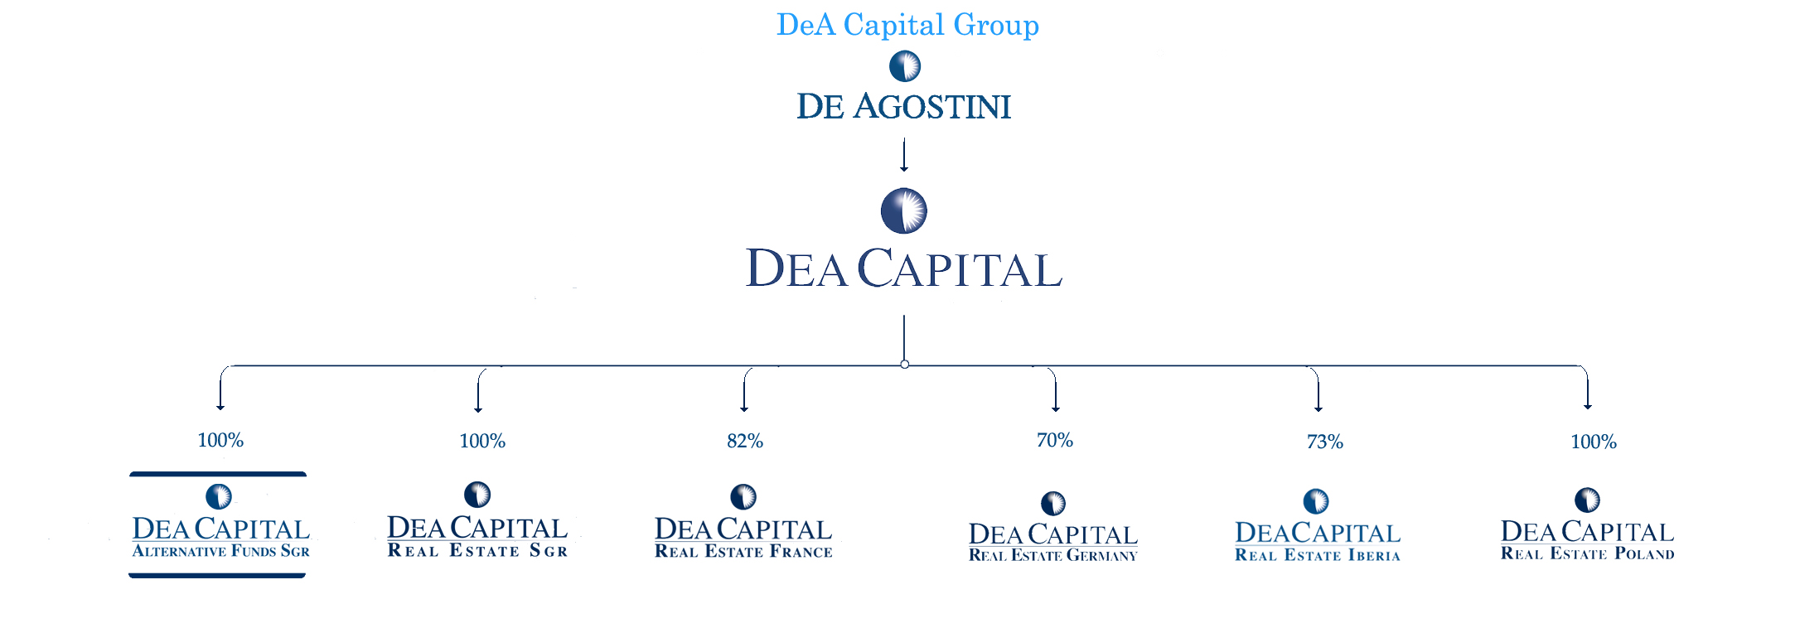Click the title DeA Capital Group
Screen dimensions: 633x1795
[x=907, y=25]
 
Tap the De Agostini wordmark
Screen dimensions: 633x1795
[x=903, y=107]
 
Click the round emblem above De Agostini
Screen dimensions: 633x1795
[x=905, y=66]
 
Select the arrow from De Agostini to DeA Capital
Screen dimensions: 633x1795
[x=904, y=155]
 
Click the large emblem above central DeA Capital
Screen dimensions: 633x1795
[x=903, y=210]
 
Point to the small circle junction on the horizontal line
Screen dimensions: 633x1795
[x=904, y=365]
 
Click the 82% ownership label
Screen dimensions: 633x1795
[x=745, y=442]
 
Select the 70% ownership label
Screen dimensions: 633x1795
[x=1055, y=441]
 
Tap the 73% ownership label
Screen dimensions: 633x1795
[x=1324, y=442]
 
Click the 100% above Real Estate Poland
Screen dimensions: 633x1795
[x=1594, y=442]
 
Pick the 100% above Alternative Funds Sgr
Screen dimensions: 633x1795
[x=220, y=441]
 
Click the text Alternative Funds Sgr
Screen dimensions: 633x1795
[x=220, y=552]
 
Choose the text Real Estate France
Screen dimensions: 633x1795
[x=743, y=552]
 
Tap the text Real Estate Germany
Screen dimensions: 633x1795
[x=1052, y=556]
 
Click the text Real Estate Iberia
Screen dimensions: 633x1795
[x=1317, y=556]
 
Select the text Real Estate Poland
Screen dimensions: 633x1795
[x=1587, y=554]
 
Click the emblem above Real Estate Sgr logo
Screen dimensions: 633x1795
[x=477, y=495]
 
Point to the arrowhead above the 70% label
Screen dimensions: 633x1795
[x=1056, y=408]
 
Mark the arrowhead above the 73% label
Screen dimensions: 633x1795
[x=1318, y=408]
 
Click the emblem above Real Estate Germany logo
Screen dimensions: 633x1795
[x=1053, y=503]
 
